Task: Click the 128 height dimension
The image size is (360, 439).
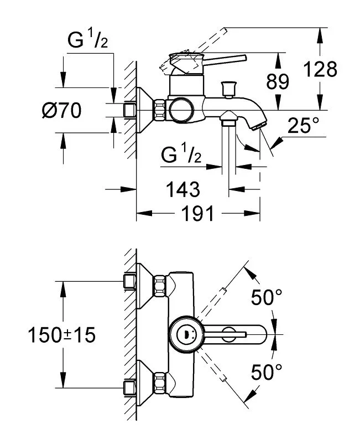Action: pos(320,69)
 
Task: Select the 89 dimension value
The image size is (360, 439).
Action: pos(277,82)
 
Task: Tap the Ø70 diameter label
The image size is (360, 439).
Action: pos(62,110)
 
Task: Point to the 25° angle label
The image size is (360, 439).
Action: pos(303,125)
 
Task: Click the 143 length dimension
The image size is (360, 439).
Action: pos(183,189)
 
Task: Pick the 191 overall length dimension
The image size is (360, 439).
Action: pos(198,213)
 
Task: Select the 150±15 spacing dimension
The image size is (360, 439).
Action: pos(62,335)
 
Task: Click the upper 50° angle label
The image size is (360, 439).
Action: pos(267,297)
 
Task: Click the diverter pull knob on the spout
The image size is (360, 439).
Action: pos(228,89)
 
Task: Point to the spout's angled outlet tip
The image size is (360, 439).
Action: pos(259,126)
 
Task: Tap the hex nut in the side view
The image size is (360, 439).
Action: pos(159,110)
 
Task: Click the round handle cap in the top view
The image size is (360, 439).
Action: pos(186,334)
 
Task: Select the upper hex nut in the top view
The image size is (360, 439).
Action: pos(160,286)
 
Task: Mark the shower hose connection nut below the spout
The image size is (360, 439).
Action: pos(229,117)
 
